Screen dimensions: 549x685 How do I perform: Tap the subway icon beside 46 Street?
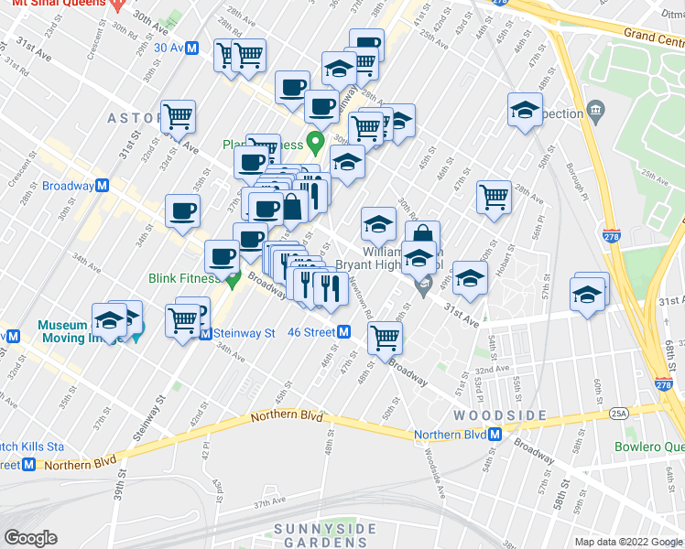pyautogui.click(x=343, y=332)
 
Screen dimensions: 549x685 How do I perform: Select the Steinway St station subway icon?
pyautogui.click(x=206, y=334)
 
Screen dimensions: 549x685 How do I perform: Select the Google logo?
pyautogui.click(x=30, y=538)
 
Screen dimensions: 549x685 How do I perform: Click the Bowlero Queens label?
pyautogui.click(x=651, y=447)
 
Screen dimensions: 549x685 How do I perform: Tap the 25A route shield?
pyautogui.click(x=620, y=414)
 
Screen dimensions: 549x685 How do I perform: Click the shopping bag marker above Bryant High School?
pyautogui.click(x=422, y=236)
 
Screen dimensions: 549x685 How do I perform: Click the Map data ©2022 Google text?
pyautogui.click(x=627, y=542)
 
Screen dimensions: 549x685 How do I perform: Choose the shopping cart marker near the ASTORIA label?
pyautogui.click(x=178, y=116)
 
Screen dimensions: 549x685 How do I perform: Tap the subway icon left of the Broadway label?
pyautogui.click(x=103, y=186)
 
